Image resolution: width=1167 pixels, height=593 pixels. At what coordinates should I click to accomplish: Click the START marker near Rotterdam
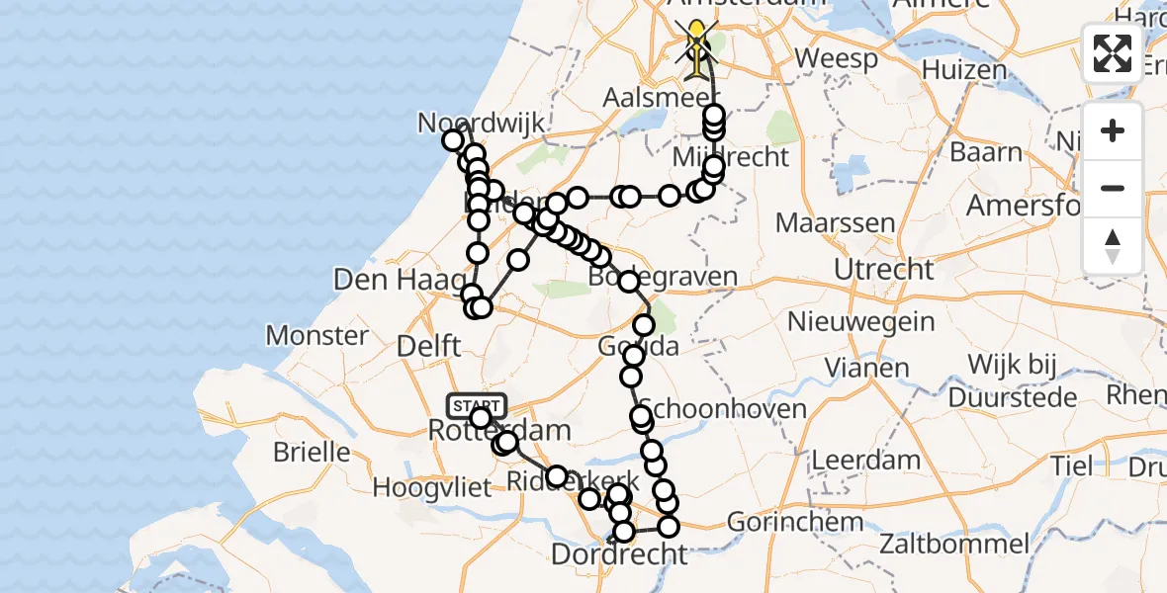point(477,405)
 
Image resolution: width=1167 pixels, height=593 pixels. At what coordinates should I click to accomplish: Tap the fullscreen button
point(1113,53)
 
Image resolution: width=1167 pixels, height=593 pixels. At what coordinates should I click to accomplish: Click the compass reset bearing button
point(1113,246)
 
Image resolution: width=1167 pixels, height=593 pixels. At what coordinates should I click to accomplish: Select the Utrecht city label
point(883,269)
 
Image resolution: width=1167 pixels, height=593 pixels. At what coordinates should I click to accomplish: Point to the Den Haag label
point(386,280)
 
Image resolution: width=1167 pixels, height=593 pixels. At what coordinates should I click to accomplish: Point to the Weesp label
point(836,58)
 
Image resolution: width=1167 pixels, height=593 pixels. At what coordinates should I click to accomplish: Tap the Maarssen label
point(836,222)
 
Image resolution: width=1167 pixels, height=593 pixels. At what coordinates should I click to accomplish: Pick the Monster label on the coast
point(316,335)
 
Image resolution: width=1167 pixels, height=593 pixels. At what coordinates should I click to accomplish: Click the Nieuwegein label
point(860,321)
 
